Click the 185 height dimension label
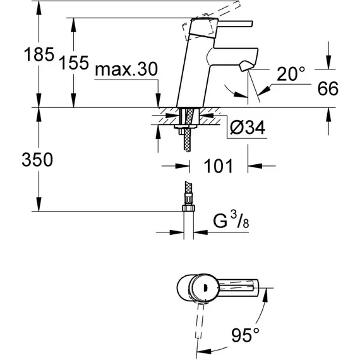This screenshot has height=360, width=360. click(39, 55)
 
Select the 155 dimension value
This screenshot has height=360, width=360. click(74, 63)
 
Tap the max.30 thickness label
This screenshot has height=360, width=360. click(126, 69)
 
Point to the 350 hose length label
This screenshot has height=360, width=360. click(37, 160)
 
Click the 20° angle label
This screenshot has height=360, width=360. click(291, 74)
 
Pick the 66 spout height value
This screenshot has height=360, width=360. click(328, 88)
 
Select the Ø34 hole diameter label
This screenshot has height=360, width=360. click(248, 127)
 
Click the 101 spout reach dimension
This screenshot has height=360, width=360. click(219, 165)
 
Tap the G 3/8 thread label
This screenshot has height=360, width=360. click(231, 220)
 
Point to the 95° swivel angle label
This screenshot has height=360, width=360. click(245, 335)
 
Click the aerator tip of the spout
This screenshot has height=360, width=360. click(246, 66)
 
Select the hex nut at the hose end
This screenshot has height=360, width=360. click(188, 208)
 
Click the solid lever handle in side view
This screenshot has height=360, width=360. click(235, 23)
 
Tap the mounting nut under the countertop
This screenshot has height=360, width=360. click(186, 126)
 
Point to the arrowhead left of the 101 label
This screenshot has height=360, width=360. click(183, 165)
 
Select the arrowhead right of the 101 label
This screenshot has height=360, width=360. click(255, 165)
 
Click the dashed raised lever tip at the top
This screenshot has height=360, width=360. click(237, 4)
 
